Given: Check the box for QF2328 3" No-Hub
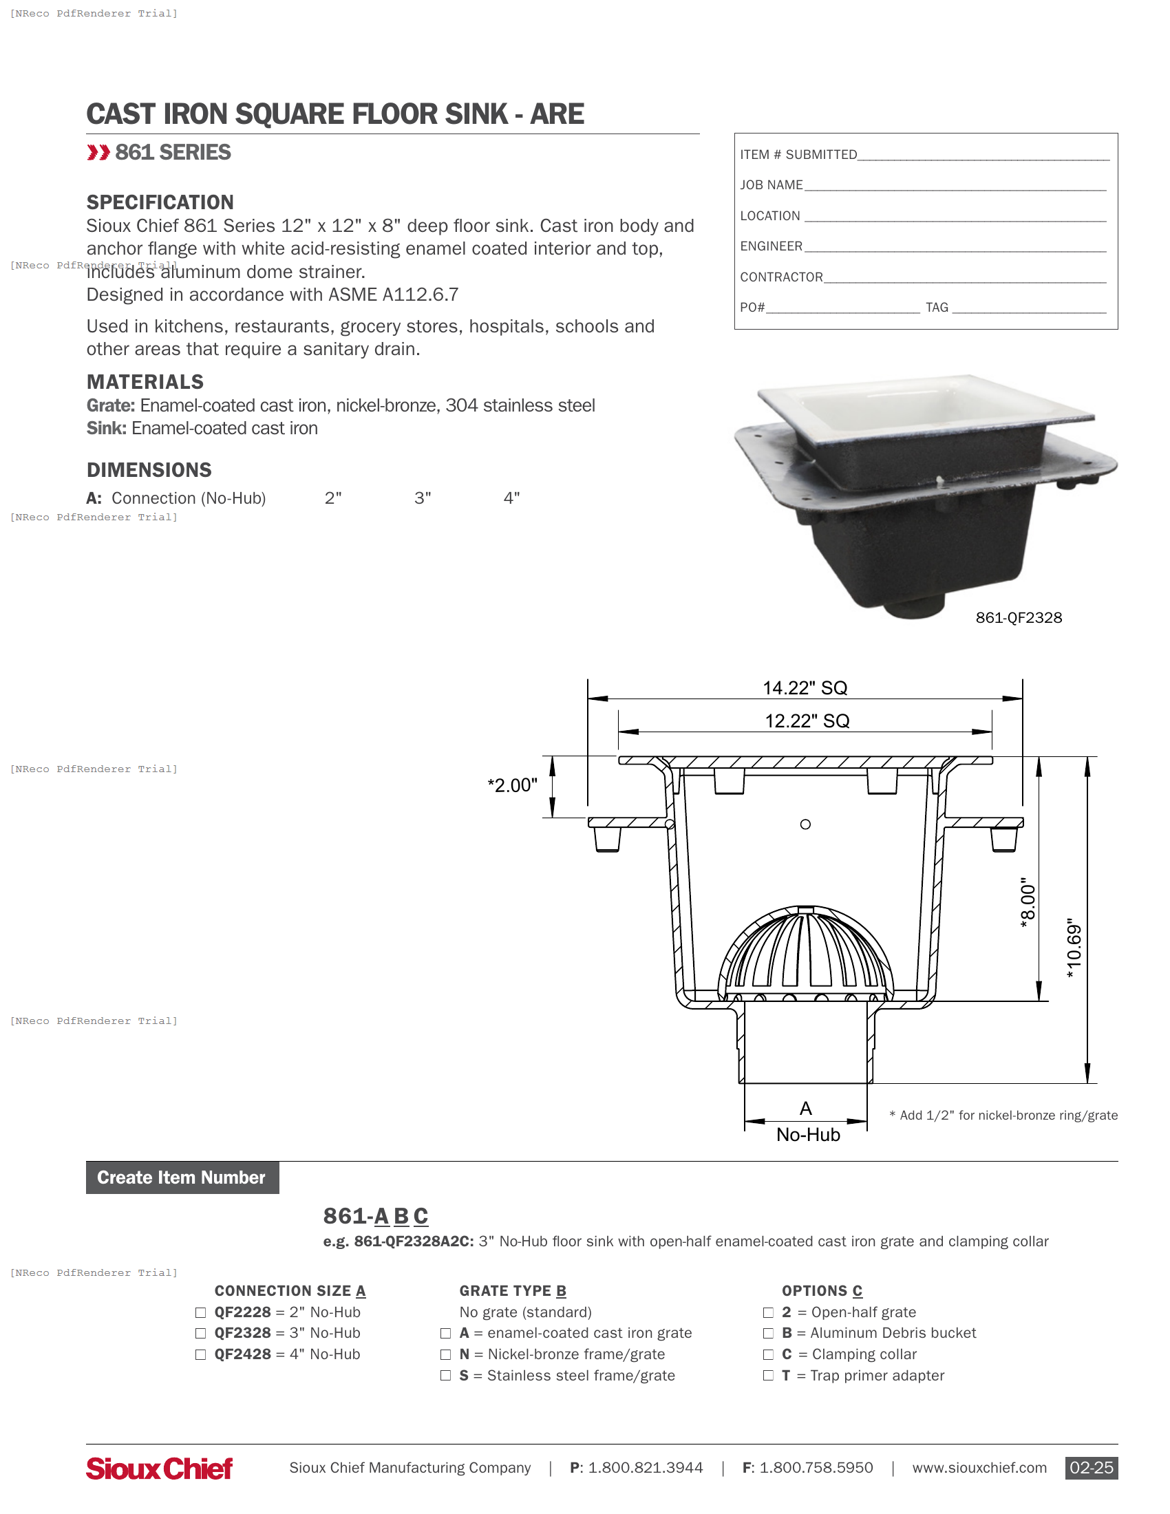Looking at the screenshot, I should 200,1333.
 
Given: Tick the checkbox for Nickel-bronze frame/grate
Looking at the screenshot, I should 446,1354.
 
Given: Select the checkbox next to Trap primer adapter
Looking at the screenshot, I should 768,1376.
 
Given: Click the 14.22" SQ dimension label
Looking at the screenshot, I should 805,687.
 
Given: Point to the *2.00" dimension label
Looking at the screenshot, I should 512,785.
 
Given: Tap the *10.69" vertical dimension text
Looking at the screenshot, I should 1074,948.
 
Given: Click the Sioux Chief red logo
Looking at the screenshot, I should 160,1469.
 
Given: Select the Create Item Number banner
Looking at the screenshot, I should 182,1177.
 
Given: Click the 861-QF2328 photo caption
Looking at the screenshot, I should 1018,618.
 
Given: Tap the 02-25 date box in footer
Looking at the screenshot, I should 1091,1468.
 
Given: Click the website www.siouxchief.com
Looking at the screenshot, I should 979,1468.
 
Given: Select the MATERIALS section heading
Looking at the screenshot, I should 145,382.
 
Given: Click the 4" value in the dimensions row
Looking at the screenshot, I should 511,498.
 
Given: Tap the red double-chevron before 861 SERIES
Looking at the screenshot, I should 98,153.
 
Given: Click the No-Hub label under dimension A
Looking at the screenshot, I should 807,1135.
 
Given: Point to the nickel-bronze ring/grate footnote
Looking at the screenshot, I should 1003,1116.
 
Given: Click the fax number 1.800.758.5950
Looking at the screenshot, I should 815,1468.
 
